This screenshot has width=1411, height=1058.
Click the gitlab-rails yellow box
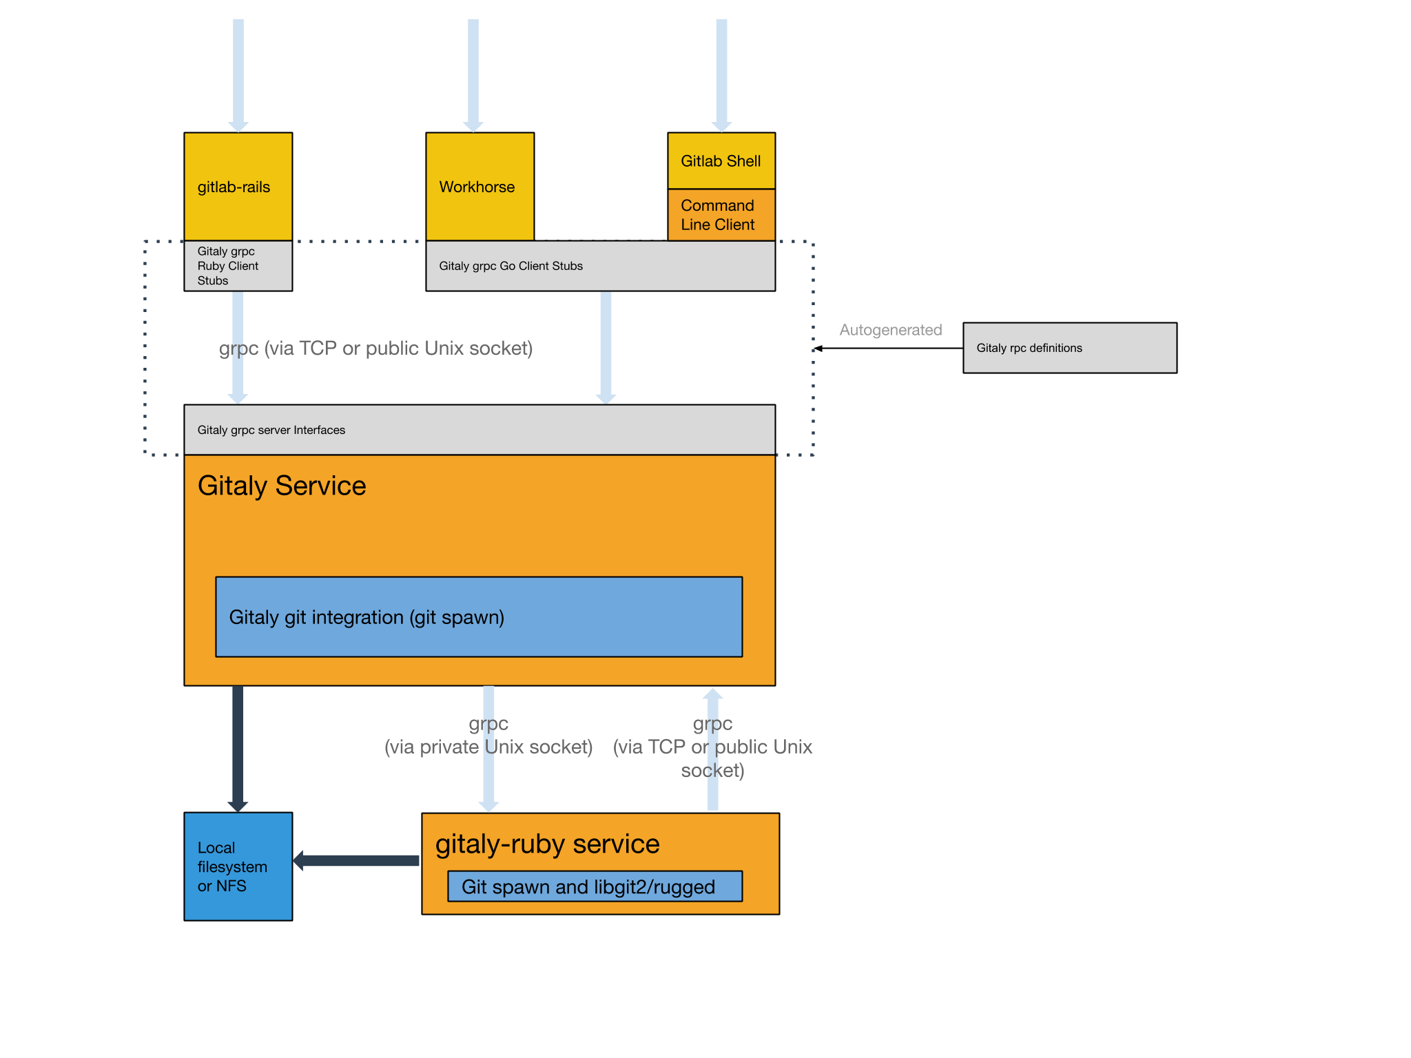click(x=238, y=186)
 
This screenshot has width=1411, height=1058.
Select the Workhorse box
click(x=480, y=186)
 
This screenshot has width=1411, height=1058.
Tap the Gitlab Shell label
click(x=721, y=161)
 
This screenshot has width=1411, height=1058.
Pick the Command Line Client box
click(x=721, y=215)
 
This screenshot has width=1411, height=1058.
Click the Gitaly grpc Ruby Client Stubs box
click(x=238, y=266)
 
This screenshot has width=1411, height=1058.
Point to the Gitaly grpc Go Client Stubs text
click(x=511, y=266)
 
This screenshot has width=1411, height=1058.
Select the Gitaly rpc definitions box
click(x=1069, y=348)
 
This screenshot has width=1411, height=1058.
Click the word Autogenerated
click(x=890, y=330)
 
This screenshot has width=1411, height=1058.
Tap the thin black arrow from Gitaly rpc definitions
click(x=889, y=348)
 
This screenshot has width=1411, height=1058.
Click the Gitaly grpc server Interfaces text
click(x=271, y=430)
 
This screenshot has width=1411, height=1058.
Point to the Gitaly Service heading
click(x=282, y=486)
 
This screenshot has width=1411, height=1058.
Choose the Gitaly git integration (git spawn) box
click(x=479, y=616)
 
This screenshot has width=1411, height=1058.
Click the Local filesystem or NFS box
click(x=238, y=867)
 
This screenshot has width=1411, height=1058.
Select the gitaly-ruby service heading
click(x=547, y=844)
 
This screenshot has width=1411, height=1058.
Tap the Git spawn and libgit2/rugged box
click(x=595, y=886)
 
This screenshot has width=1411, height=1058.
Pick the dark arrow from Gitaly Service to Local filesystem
click(x=238, y=747)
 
